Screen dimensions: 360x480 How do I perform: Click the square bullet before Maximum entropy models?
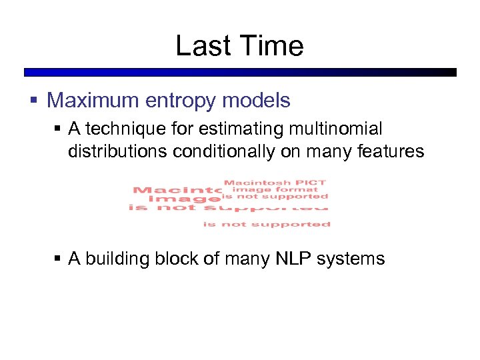[35, 101]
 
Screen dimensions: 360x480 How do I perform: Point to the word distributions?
[117, 151]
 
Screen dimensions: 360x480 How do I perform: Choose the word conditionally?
[223, 151]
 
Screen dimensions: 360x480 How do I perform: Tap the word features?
[388, 151]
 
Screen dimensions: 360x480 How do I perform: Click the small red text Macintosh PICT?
[275, 182]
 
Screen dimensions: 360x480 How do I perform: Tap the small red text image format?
[275, 189]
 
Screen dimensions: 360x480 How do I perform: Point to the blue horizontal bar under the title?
[240, 72]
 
